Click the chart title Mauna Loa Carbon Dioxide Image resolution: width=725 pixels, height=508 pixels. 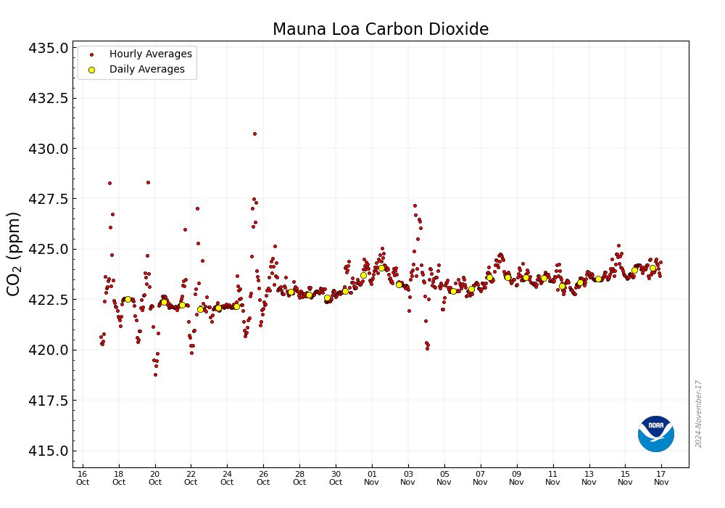[380, 29]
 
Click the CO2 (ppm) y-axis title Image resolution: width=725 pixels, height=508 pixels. [14, 253]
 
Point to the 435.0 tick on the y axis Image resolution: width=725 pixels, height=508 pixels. [49, 48]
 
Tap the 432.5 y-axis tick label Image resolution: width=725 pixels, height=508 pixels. [49, 98]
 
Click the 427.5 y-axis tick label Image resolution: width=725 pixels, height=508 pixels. [49, 199]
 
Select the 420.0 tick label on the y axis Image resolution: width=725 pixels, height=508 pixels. [49, 350]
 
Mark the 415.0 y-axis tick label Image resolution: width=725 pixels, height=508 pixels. [49, 451]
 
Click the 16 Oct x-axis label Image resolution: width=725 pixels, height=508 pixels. [83, 478]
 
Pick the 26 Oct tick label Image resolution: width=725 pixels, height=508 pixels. [263, 478]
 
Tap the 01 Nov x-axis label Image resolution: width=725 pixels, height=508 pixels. [372, 478]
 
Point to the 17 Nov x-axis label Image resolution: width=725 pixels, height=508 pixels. [661, 478]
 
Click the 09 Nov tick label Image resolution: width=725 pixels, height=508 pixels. [516, 478]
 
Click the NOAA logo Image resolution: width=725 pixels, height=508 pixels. [655, 434]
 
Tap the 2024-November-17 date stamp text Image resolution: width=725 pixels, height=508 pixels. [698, 414]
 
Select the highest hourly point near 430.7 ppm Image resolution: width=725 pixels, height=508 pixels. [254, 134]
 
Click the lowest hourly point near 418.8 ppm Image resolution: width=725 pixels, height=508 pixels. [155, 374]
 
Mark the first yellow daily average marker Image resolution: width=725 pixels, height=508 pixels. [128, 299]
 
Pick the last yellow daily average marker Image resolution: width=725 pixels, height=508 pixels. [652, 268]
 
